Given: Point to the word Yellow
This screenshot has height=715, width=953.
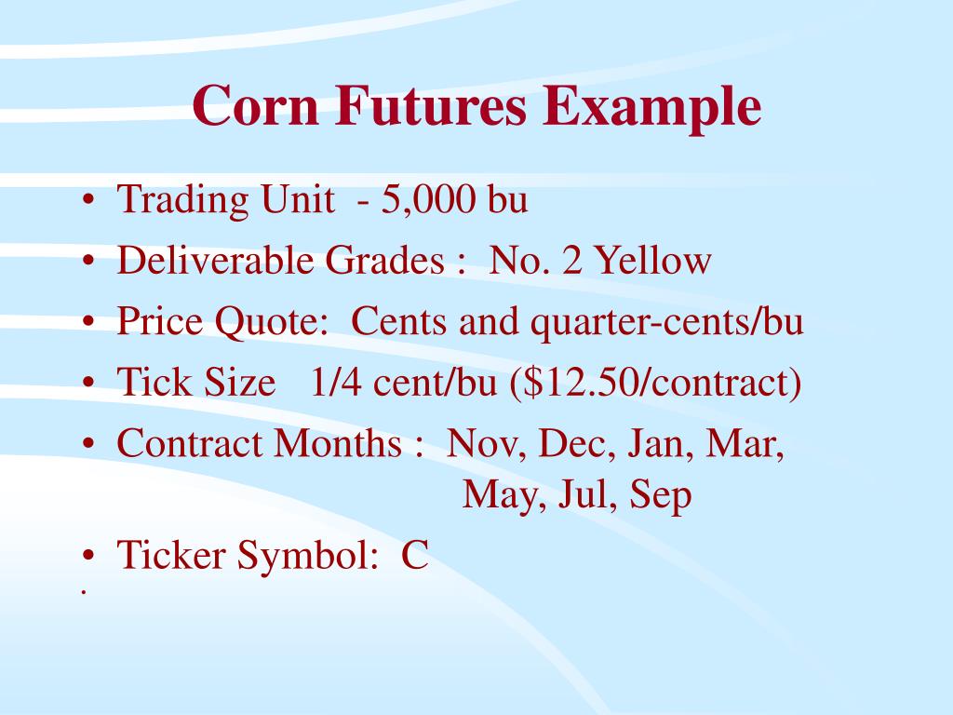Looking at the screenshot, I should click(653, 262).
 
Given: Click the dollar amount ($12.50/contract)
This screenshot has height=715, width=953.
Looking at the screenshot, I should click(655, 384).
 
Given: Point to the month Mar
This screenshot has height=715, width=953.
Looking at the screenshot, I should click(745, 444).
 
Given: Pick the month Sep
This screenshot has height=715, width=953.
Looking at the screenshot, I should click(661, 495).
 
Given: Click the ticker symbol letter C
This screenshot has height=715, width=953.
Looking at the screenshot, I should click(415, 557).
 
